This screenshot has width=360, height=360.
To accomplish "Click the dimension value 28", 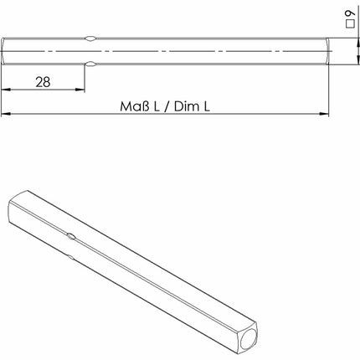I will click(x=43, y=82).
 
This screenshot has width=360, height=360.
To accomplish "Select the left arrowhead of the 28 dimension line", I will click(x=5, y=92).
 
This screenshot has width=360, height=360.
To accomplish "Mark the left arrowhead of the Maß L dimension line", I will click(x=5, y=116).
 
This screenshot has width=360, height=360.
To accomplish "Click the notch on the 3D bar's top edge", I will click(x=74, y=237).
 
